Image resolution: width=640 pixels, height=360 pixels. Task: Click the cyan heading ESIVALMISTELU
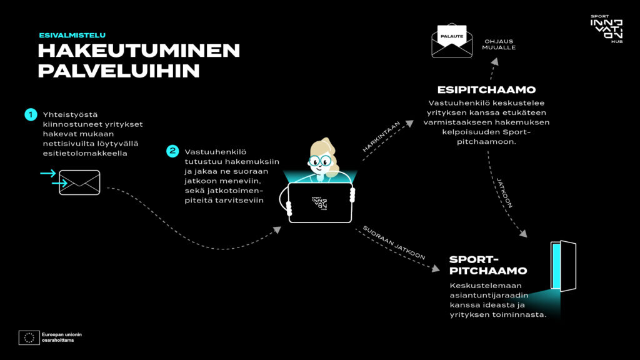click(72, 36)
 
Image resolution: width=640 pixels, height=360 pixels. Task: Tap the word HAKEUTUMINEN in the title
click(139, 51)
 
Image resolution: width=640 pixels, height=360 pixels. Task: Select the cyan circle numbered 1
click(31, 114)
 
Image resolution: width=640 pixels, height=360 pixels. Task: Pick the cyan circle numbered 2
click(172, 151)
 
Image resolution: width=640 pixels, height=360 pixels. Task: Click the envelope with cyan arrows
click(79, 182)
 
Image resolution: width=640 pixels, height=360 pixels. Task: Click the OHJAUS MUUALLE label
click(499, 44)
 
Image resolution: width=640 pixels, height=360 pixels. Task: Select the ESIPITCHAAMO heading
click(486, 90)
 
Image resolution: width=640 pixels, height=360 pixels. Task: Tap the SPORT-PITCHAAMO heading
click(488, 265)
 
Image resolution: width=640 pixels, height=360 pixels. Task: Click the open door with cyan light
click(563, 266)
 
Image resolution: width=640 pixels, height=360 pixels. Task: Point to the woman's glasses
click(319, 161)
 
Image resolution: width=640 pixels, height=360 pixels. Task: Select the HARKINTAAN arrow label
click(381, 137)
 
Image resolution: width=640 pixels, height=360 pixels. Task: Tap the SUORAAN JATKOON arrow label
click(394, 242)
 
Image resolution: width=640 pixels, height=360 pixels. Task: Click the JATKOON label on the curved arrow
click(504, 192)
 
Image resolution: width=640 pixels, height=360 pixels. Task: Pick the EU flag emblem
click(29, 337)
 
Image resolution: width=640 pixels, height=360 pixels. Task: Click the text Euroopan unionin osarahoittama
click(62, 337)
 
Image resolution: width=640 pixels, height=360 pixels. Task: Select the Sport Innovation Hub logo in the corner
click(606, 29)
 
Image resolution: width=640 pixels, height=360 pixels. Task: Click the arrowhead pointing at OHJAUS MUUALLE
click(495, 61)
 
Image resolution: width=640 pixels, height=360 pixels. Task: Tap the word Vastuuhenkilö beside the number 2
click(216, 152)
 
